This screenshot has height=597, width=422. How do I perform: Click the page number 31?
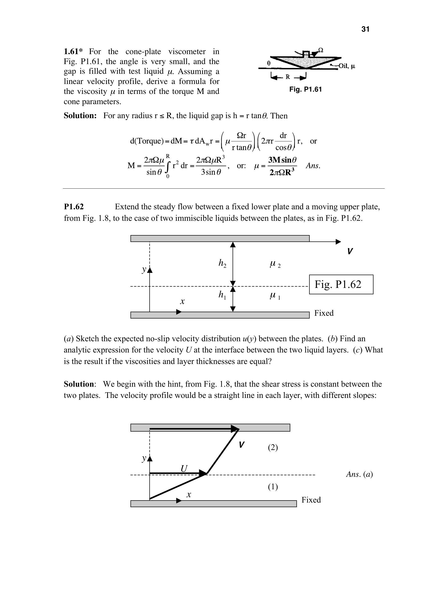pos(365,29)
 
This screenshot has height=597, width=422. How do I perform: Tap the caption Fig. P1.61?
pos(306,89)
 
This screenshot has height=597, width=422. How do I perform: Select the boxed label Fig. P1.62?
pos(338,284)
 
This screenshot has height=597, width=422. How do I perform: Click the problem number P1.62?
pos(74,207)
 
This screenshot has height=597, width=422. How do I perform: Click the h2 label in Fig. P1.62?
pos(222,264)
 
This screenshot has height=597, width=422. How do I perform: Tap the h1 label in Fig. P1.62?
pos(222,295)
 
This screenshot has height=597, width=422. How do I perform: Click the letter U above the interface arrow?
pos(184,469)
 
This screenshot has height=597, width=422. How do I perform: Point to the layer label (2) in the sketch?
pos(273,447)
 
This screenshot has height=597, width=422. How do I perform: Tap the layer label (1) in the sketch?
pos(273,487)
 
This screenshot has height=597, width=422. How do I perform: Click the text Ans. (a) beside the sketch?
pos(359,474)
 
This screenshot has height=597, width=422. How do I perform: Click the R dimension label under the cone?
pos(287,77)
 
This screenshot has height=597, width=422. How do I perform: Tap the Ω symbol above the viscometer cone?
pos(321,50)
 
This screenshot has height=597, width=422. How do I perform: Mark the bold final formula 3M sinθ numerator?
pos(282,160)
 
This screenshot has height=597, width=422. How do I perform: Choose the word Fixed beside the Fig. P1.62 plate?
pos(324,313)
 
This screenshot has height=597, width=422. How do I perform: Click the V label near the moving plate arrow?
pos(350,251)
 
